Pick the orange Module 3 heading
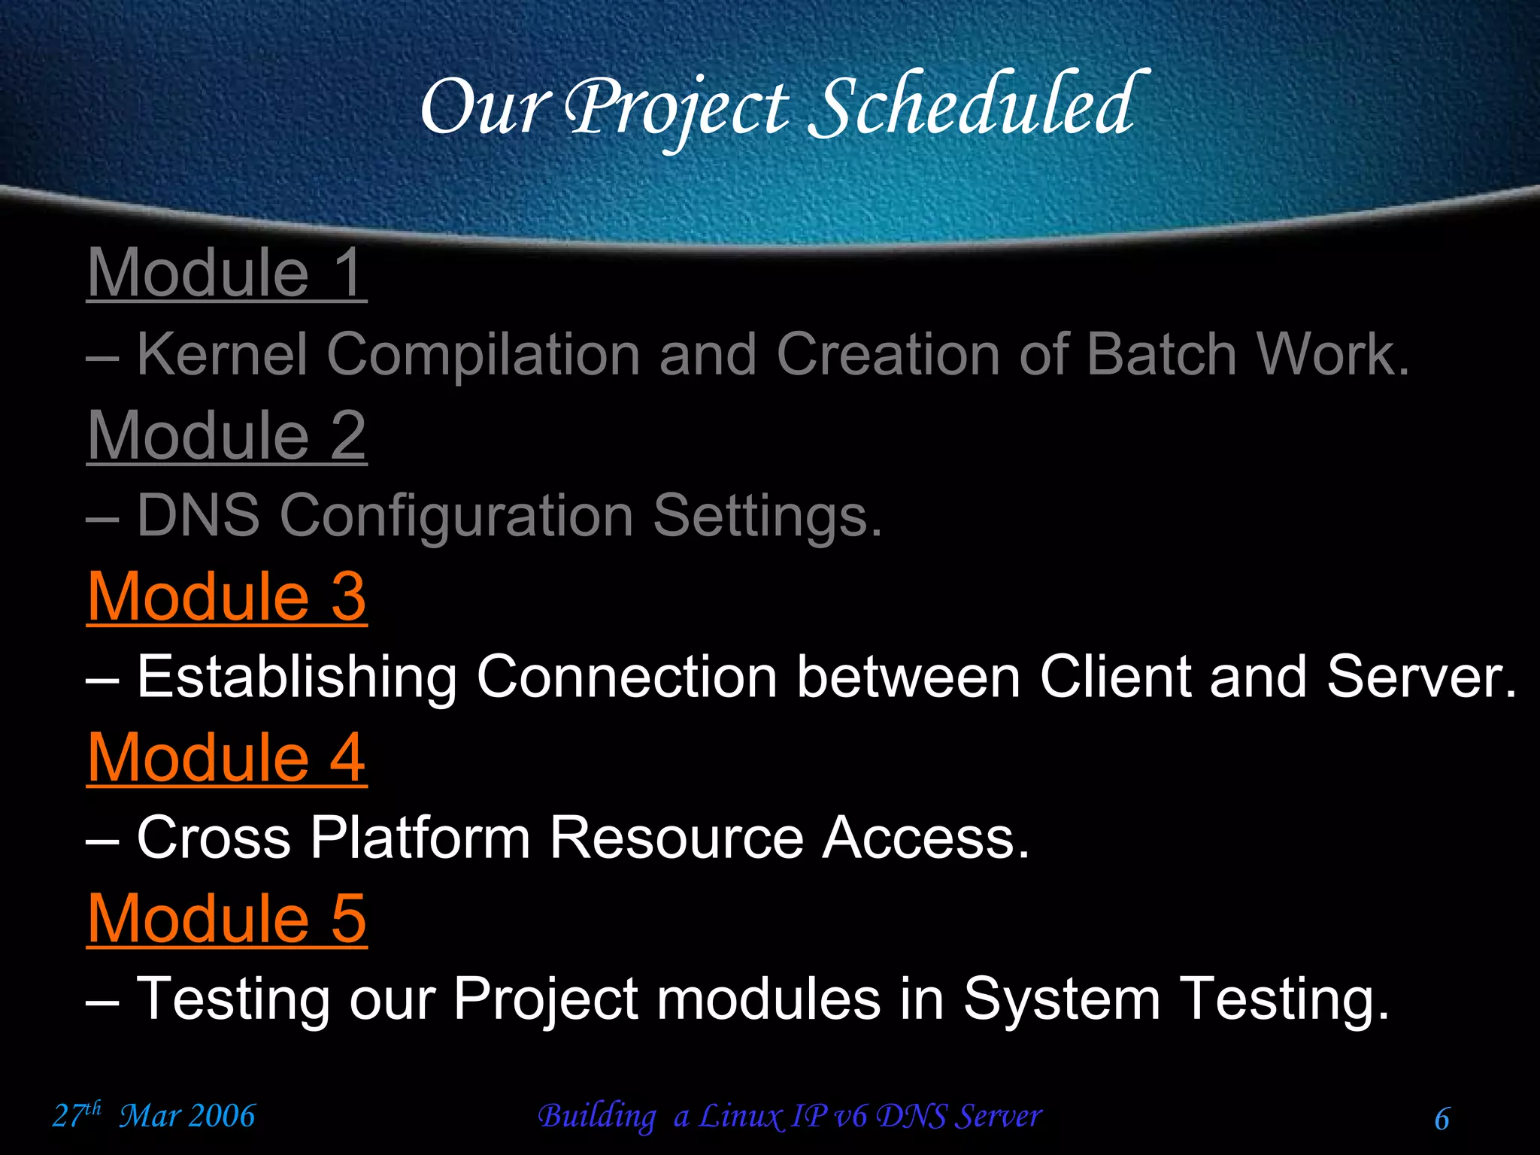tap(226, 596)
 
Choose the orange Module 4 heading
tap(226, 757)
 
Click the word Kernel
tap(223, 354)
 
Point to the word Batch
tap(1162, 354)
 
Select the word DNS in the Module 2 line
tap(199, 516)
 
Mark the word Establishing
tap(297, 678)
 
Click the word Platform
tap(420, 838)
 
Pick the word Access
tap(925, 838)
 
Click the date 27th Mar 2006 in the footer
tap(154, 1115)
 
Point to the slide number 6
tap(1441, 1119)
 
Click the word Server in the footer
tap(998, 1116)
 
